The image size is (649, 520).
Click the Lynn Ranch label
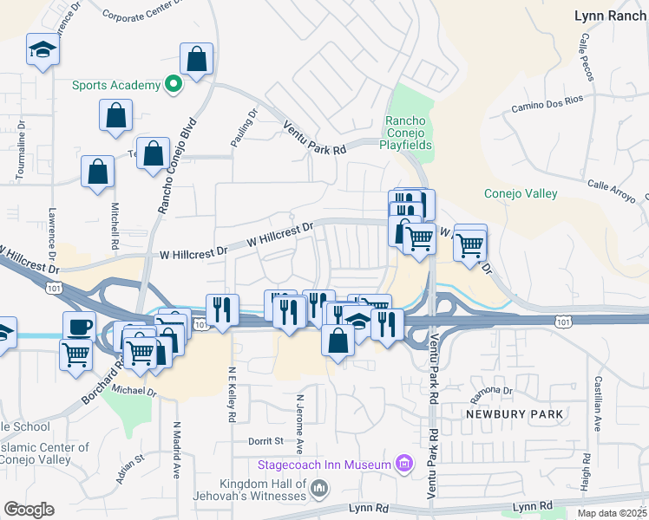[611, 16]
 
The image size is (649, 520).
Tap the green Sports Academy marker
[174, 85]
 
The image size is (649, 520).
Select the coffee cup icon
[80, 327]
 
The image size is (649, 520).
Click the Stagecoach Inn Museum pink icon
[403, 465]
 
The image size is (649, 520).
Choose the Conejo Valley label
[521, 194]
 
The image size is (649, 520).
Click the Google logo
[29, 510]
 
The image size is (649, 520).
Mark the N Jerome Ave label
[299, 425]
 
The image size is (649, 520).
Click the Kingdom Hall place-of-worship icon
[319, 490]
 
